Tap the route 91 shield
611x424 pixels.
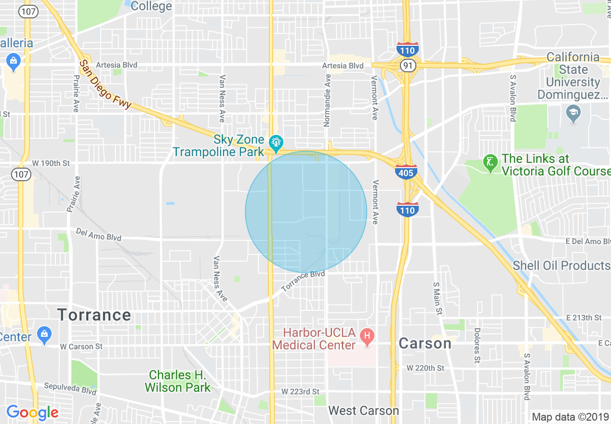408,66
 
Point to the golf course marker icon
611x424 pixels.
490,164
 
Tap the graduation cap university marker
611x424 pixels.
573,113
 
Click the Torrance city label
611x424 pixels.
94,315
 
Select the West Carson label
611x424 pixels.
363,411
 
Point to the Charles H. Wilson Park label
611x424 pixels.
178,381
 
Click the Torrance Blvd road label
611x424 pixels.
303,280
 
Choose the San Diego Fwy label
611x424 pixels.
105,84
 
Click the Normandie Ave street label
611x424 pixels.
328,101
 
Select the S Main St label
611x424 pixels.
438,299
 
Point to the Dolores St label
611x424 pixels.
477,345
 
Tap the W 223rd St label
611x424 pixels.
300,391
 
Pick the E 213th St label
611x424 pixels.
584,318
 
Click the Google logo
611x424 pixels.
32,412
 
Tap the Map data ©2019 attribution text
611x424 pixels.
570,417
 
